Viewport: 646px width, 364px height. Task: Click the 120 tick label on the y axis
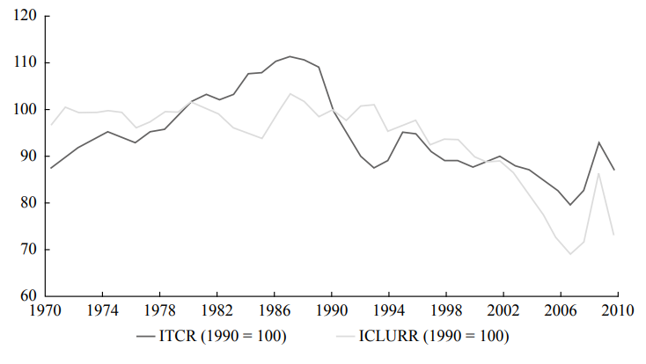click(x=24, y=17)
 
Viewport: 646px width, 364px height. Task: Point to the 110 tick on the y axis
click(x=24, y=63)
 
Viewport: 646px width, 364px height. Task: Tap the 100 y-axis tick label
click(x=24, y=110)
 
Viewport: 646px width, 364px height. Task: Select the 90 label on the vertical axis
click(x=26, y=157)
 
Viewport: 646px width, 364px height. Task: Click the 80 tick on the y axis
click(x=26, y=203)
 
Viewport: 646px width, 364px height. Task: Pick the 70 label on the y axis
click(x=26, y=250)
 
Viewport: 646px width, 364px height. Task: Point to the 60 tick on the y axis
click(x=26, y=296)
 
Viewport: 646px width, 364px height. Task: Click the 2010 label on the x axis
click(x=616, y=311)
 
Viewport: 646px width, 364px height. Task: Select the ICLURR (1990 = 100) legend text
click(x=435, y=335)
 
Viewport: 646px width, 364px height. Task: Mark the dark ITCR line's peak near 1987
click(x=290, y=56)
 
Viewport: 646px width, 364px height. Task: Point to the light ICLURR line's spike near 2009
click(x=598, y=172)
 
